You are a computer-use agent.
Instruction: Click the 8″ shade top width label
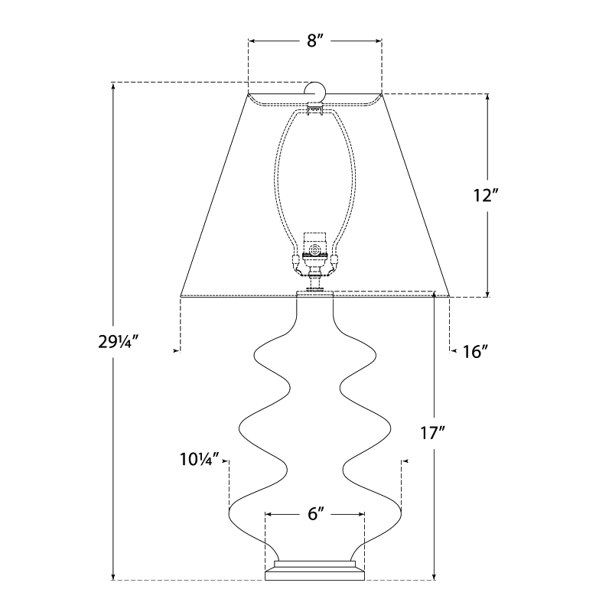[x=315, y=41]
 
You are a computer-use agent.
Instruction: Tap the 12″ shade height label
[x=486, y=195]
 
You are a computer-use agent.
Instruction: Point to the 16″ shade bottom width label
[x=475, y=351]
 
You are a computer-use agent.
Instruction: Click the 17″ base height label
[x=432, y=433]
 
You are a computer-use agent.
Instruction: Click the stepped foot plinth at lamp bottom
[x=314, y=569]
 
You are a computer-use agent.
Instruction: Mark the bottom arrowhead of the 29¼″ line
[x=114, y=576]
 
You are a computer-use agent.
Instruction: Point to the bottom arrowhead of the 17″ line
[x=435, y=576]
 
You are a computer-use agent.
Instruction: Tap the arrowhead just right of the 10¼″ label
[x=226, y=461]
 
